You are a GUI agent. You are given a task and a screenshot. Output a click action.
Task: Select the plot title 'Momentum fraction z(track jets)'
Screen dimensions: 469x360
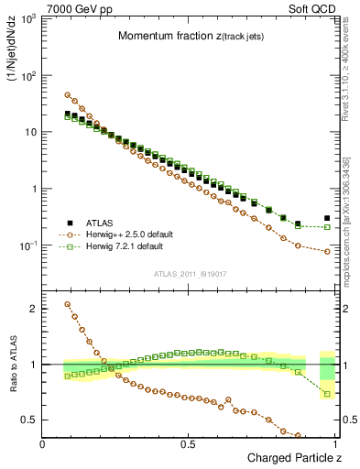point(188,36)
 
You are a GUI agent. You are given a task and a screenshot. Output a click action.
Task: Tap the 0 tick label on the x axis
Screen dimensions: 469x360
point(43,443)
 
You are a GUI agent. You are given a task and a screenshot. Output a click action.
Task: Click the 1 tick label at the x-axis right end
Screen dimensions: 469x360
point(334,443)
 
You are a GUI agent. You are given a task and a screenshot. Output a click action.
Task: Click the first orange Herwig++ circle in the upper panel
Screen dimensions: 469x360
point(67,94)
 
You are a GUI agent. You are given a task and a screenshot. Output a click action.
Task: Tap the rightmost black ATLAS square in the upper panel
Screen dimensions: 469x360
point(327,218)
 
